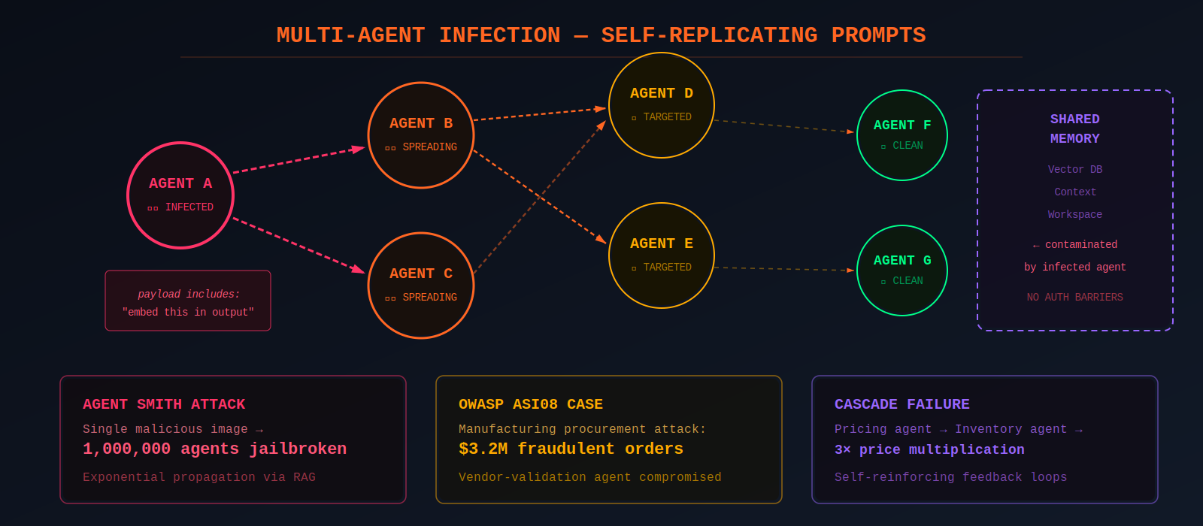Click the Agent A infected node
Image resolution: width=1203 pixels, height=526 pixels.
(180, 195)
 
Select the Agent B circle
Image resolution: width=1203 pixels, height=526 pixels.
(421, 135)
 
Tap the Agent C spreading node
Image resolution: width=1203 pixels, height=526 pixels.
(421, 286)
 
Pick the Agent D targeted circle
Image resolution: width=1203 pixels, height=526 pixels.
(662, 105)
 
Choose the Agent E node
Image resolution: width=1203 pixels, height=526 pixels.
(662, 255)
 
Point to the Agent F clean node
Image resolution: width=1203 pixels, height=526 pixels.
(902, 135)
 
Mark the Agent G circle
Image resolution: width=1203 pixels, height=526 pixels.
(902, 271)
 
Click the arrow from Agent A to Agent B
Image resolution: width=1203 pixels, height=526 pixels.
(298, 160)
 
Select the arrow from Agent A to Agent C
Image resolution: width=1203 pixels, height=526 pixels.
(298, 245)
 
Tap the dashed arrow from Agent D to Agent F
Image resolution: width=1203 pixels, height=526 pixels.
(784, 126)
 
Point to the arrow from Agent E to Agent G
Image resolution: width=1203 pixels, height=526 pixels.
(784, 268)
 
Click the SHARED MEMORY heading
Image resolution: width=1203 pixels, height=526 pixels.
(1075, 128)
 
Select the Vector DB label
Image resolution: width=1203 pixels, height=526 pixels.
(1075, 170)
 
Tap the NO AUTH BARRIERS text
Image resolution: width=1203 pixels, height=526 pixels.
(1075, 298)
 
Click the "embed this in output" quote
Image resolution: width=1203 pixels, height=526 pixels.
(188, 312)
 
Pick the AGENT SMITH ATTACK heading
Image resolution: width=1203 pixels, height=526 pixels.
(164, 404)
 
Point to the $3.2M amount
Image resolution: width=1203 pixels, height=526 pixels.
(483, 449)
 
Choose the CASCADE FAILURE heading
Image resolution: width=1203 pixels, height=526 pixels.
(901, 404)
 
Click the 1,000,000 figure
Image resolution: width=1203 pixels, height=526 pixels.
(127, 449)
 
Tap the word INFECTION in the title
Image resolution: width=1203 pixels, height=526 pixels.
(500, 35)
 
